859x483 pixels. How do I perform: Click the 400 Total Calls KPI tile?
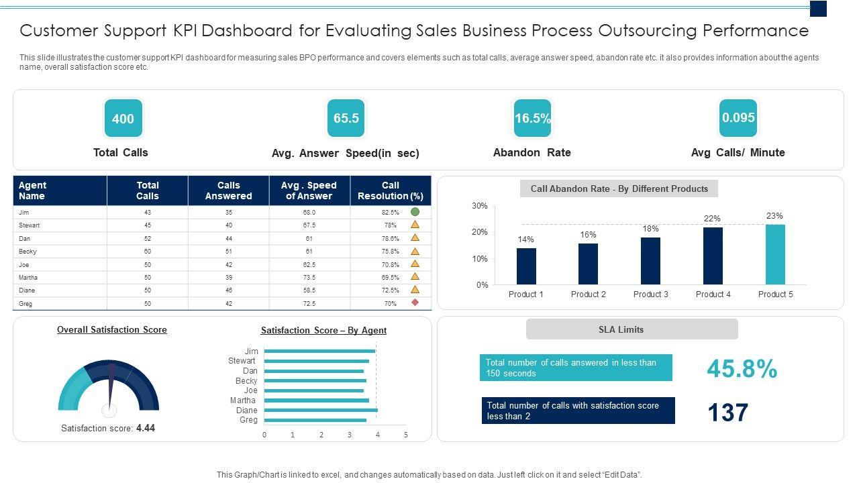pos(123,119)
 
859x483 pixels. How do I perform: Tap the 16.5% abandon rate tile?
pos(532,119)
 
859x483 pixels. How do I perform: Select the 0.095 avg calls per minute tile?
pos(738,118)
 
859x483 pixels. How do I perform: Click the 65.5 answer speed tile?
pos(346,119)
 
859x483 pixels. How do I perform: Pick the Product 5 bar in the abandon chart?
pos(775,254)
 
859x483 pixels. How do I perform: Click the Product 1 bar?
pos(526,266)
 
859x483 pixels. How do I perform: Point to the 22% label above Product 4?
pos(712,219)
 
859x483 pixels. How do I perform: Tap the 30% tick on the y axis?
pos(480,206)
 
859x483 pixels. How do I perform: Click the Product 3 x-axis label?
pos(650,294)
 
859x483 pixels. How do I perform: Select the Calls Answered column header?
pos(228,191)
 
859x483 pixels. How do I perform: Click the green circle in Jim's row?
pos(415,212)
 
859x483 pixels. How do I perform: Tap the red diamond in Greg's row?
pos(415,303)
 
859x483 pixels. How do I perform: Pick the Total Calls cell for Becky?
pos(147,252)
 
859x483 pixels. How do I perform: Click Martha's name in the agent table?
pos(28,278)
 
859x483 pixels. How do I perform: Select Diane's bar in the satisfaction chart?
pos(321,411)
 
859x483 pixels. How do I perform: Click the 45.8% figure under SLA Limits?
pos(742,369)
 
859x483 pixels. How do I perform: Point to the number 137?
pos(727,413)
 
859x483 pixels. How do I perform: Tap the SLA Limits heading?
pos(631,329)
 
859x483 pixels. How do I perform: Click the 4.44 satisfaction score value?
pos(146,428)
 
